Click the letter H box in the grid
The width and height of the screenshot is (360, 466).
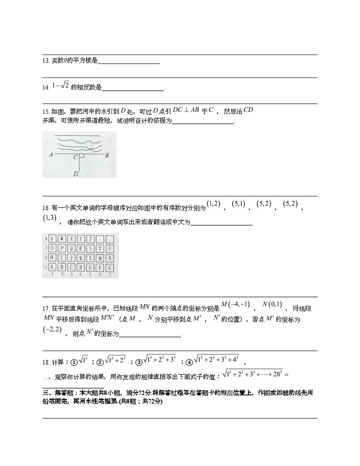pyautogui.click(x=52, y=258)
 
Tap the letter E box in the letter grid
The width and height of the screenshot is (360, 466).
pyautogui.click(x=91, y=267)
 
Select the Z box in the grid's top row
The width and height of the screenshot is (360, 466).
pyautogui.click(x=91, y=239)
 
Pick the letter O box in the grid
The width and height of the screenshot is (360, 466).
pyautogui.click(x=52, y=248)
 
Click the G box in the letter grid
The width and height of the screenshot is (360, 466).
pyautogui.click(x=110, y=267)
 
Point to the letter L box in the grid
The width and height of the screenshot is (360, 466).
pyautogui.click(x=91, y=258)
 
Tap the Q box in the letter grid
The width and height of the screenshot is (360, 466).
pyautogui.click(x=71, y=248)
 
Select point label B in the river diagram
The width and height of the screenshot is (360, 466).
pyautogui.click(x=106, y=155)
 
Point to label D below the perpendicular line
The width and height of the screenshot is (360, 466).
pyautogui.click(x=76, y=173)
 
